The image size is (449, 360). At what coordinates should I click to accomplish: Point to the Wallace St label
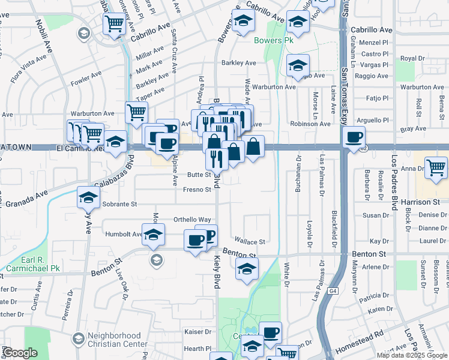click(x=250, y=242)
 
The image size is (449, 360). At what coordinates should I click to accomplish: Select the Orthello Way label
click(x=192, y=220)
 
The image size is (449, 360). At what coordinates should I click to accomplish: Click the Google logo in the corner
click(x=20, y=353)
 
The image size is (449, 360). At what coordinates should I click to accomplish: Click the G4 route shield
click(x=333, y=291)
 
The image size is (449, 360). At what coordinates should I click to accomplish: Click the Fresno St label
click(x=198, y=190)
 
